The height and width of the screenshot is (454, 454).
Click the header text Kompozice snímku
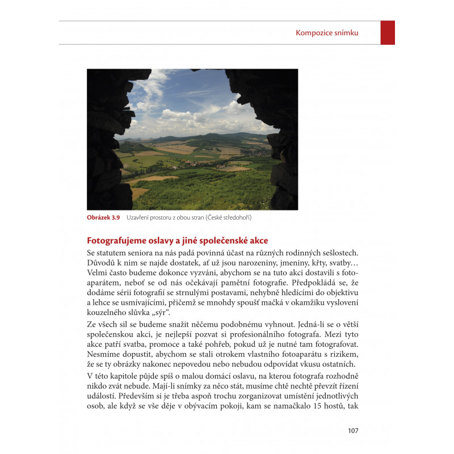(x=327, y=33)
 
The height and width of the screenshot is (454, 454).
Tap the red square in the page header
(x=388, y=33)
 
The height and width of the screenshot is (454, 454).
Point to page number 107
(x=353, y=431)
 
